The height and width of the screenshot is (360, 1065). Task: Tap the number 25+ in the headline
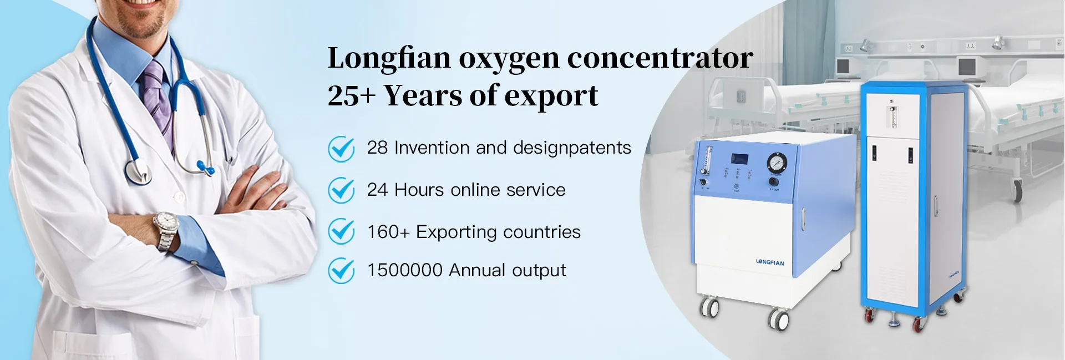[x=351, y=95]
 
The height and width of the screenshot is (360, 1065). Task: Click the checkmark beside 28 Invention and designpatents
[x=341, y=149]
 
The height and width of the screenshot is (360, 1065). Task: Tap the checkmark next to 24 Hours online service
[x=341, y=190]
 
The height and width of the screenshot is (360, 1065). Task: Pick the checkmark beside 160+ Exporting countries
[x=341, y=231]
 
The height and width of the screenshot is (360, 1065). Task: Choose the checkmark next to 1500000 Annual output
[x=341, y=271]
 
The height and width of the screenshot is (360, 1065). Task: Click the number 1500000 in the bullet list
[x=404, y=271]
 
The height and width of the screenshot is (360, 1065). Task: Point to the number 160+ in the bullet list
[x=388, y=232]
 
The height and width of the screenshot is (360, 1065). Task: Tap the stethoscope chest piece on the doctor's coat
[x=138, y=171]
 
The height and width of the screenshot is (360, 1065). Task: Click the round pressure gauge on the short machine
[x=776, y=163]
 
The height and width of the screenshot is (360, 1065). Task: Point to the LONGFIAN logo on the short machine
[x=770, y=262]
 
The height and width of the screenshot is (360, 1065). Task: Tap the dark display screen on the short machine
[x=739, y=159]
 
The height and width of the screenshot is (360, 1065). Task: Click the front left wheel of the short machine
[x=709, y=307]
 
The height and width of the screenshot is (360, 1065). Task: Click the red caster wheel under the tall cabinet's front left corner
[x=869, y=316]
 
